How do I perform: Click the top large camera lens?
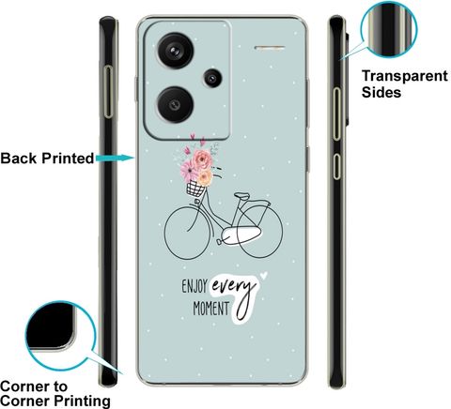[x=176, y=51]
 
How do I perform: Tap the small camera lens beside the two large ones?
[x=213, y=78]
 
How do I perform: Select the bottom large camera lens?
[x=176, y=104]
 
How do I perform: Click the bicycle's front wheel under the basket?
[x=187, y=233]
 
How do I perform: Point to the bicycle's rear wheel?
[x=259, y=232]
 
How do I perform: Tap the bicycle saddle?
[x=242, y=196]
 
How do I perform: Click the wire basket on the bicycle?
[x=195, y=189]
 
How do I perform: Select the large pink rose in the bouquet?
[x=202, y=159]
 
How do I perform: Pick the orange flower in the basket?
[x=205, y=177]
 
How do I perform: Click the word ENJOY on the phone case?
[x=194, y=286]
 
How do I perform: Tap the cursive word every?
[x=233, y=286]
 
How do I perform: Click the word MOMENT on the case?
[x=211, y=309]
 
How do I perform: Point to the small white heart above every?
[x=264, y=275]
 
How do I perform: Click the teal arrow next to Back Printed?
[x=116, y=158]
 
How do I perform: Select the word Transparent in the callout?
[x=405, y=76]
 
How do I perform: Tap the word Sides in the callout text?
[x=381, y=92]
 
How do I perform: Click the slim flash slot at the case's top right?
[x=270, y=48]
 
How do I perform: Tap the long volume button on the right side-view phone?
[x=336, y=114]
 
